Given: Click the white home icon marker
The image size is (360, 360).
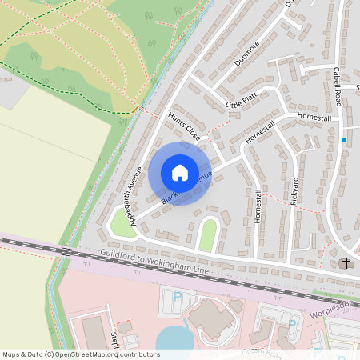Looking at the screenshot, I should tap(180, 173).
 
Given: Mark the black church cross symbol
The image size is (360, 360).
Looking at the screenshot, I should tap(347, 262).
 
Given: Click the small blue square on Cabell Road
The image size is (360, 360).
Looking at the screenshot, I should tap(344, 139).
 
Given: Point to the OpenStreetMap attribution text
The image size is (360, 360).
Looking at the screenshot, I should tap(81, 354).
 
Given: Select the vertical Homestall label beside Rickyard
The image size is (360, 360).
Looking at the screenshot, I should tap(258, 206).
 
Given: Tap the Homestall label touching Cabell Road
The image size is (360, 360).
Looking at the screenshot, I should tap(314, 117).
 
